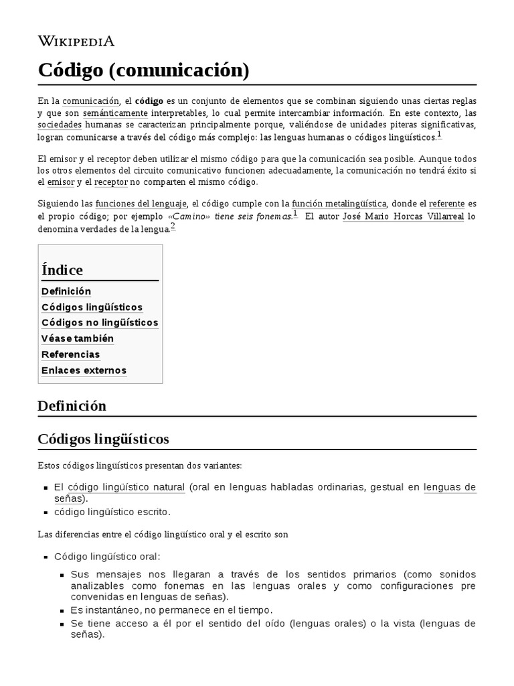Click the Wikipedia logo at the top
pos(76,42)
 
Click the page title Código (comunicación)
pos(143,70)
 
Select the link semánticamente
pos(107,113)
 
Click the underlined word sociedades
pos(60,125)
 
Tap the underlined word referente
pos(446,204)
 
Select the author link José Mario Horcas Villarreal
pos(403,216)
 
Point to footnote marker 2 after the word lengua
pos(173,226)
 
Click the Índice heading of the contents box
pos(62,270)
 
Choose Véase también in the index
pos(78,338)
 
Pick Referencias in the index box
pos(70,354)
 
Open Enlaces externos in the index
pos(84,370)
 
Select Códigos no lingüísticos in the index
pos(100,323)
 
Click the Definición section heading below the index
pos(72,406)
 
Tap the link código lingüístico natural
pos(126,487)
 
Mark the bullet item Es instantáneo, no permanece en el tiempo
pos(172,610)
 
